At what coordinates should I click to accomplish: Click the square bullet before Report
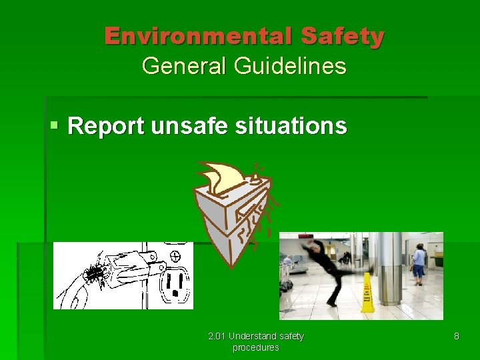pyautogui.click(x=55, y=125)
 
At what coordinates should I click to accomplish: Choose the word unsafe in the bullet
pyautogui.click(x=189, y=125)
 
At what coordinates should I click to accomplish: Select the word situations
pyautogui.click(x=291, y=125)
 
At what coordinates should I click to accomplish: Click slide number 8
pyautogui.click(x=456, y=336)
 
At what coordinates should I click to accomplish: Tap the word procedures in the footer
pyautogui.click(x=255, y=347)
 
